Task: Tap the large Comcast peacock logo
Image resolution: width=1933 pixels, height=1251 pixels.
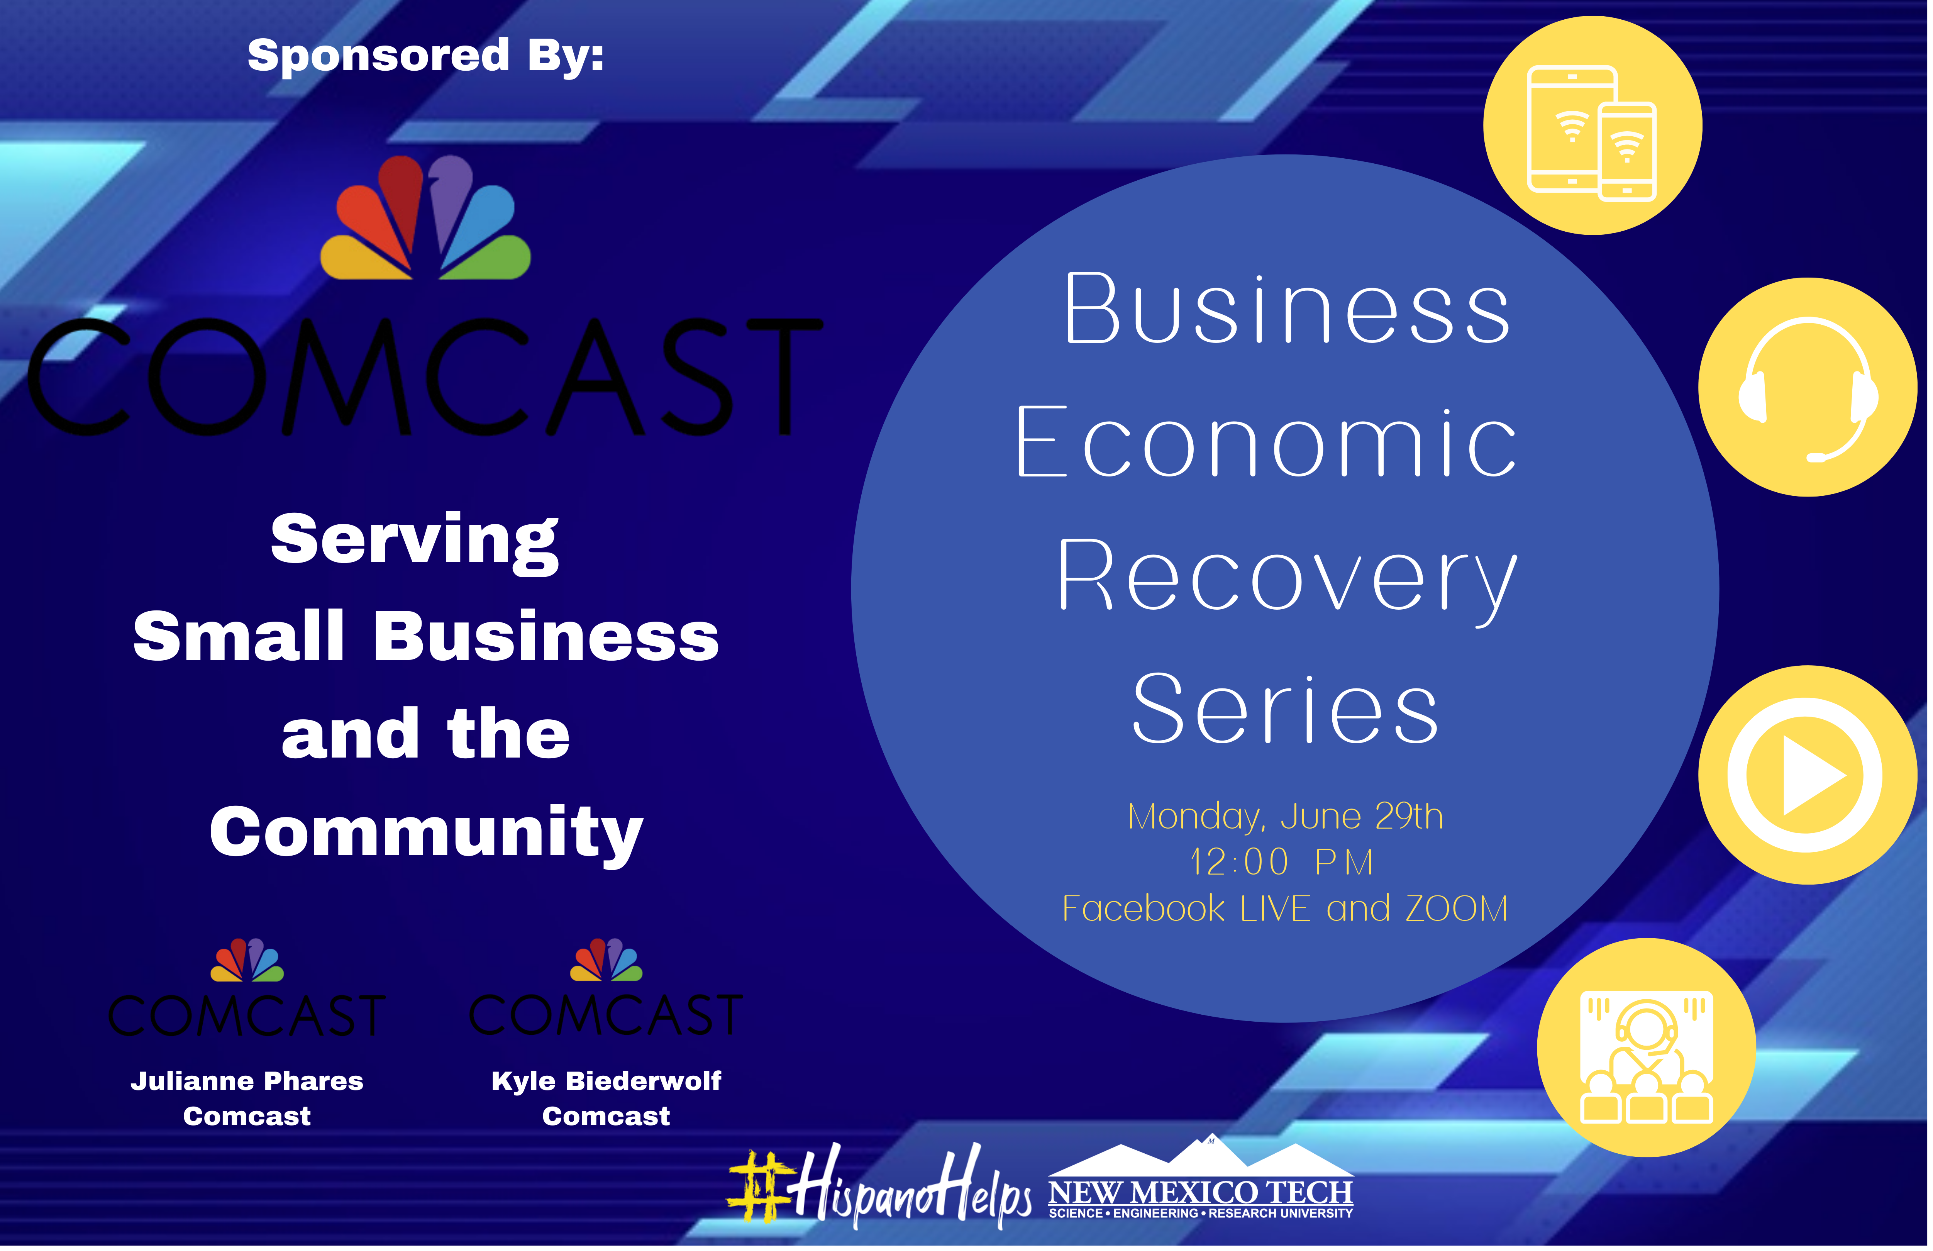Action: click(x=425, y=218)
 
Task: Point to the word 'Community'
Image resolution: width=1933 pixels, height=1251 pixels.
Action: click(x=426, y=835)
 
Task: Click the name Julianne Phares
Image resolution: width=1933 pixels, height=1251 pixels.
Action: click(x=247, y=1081)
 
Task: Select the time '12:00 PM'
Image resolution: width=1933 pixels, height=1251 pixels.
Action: click(x=1282, y=862)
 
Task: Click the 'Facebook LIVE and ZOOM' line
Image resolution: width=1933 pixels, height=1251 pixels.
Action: click(x=1286, y=908)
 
